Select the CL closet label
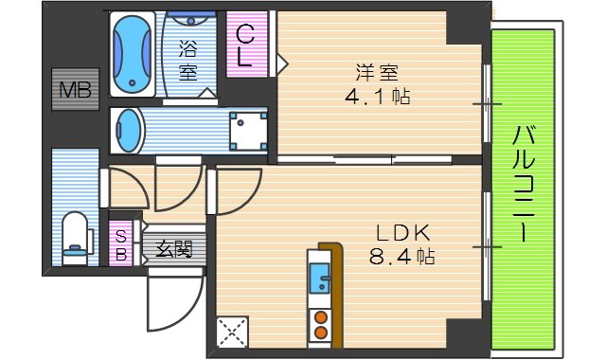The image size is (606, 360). pos(244,45)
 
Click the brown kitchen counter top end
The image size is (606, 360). pos(330,248)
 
